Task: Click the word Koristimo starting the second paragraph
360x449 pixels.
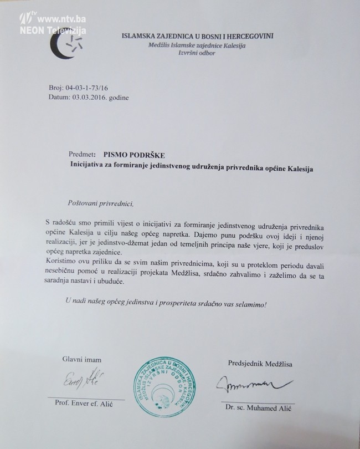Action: [x=65, y=263]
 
